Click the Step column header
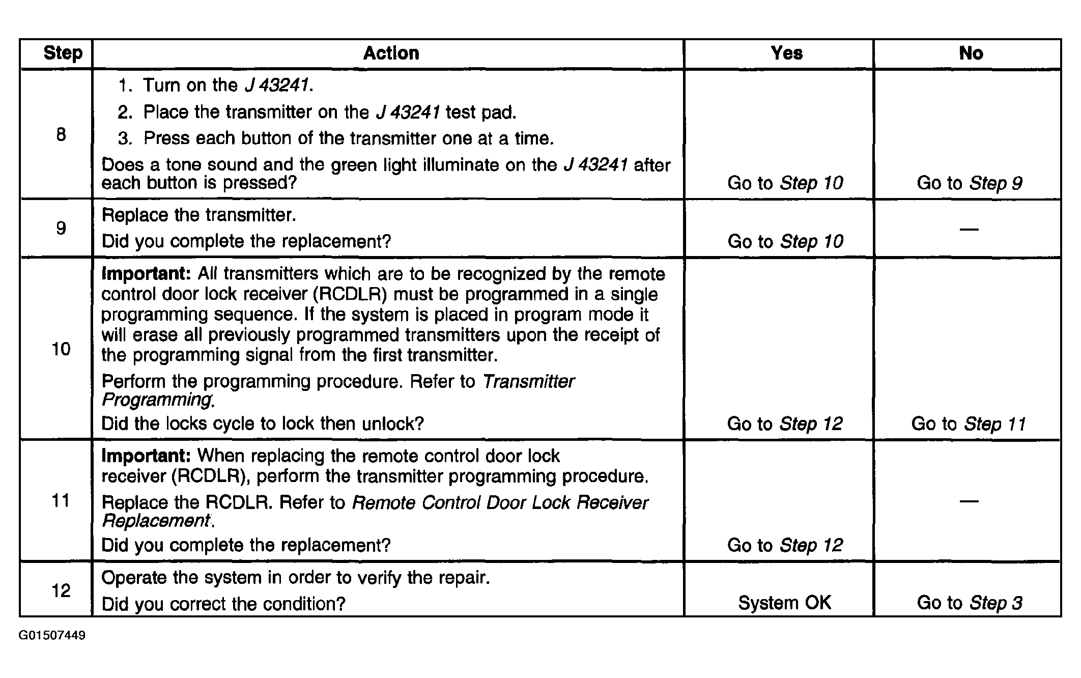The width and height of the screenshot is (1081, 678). click(63, 53)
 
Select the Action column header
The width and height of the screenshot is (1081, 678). click(391, 53)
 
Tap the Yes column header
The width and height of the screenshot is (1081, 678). click(786, 53)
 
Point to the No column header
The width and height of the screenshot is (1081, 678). click(971, 53)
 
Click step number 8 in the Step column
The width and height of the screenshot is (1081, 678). click(61, 134)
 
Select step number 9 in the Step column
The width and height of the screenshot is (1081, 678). click(61, 228)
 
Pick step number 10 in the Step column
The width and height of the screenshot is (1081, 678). click(61, 349)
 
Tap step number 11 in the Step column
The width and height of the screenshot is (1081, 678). click(61, 500)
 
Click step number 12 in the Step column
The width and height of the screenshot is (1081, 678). click(61, 590)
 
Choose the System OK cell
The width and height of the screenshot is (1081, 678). click(784, 603)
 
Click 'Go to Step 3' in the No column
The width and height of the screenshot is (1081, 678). click(969, 603)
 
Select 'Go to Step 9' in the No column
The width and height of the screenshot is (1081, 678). click(969, 183)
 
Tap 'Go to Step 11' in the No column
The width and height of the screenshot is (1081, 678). click(968, 423)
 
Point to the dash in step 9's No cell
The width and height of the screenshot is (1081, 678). click(969, 229)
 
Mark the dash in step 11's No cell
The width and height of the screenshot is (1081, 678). click(969, 501)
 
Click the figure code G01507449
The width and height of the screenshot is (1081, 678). click(52, 635)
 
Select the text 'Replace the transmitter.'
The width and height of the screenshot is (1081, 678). click(198, 215)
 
